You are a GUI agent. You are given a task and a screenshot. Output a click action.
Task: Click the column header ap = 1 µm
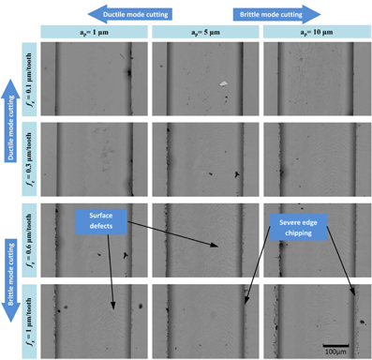coord(94,33)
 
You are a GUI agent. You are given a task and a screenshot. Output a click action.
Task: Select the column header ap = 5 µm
coord(205,33)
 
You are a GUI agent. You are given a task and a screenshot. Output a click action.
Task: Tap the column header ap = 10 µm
coord(317,33)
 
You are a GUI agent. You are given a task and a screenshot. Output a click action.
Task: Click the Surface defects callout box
coord(100,221)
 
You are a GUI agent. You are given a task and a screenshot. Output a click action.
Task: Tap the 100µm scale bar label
coord(335,352)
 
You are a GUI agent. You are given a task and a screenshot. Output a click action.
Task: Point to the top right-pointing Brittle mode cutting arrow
coord(272,13)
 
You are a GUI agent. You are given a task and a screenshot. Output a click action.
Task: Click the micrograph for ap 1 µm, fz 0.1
coord(94,80)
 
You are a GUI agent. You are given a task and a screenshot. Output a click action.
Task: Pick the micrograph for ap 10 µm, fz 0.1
coord(317,80)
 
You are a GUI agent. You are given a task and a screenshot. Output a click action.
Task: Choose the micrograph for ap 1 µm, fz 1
coord(94,319)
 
